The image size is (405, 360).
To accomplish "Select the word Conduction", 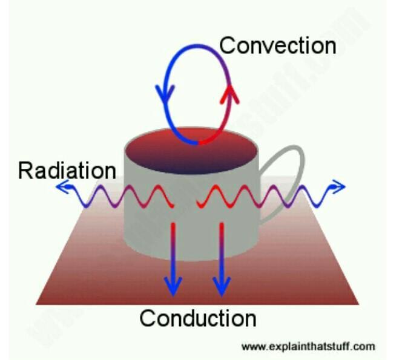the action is pyautogui.click(x=198, y=318).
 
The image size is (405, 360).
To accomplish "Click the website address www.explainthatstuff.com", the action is pyautogui.click(x=308, y=347).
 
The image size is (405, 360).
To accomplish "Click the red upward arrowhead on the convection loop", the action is pyautogui.click(x=228, y=92).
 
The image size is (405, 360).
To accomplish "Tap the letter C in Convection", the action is pyautogui.click(x=228, y=45).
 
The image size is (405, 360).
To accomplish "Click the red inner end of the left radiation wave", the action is pyautogui.click(x=174, y=206).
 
